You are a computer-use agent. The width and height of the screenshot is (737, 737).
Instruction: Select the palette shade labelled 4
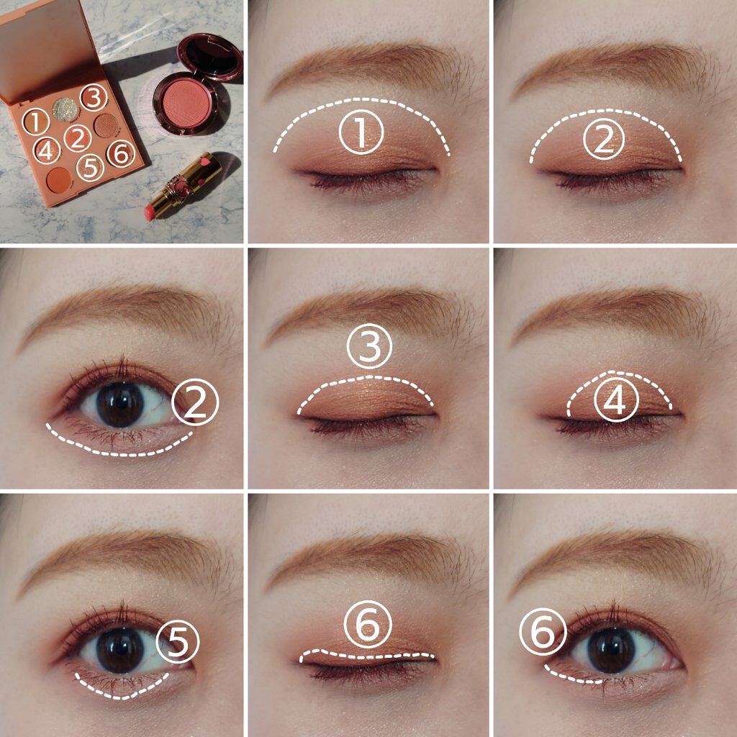45,150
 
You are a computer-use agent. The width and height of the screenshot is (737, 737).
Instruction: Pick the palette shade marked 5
90,167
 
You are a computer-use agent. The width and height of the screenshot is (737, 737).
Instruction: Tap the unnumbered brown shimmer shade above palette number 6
106,125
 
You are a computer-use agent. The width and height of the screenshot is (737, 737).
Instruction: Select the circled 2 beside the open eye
195,405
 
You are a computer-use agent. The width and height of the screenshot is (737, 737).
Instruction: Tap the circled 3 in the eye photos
369,349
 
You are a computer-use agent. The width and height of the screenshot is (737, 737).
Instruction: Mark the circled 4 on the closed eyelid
615,404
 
